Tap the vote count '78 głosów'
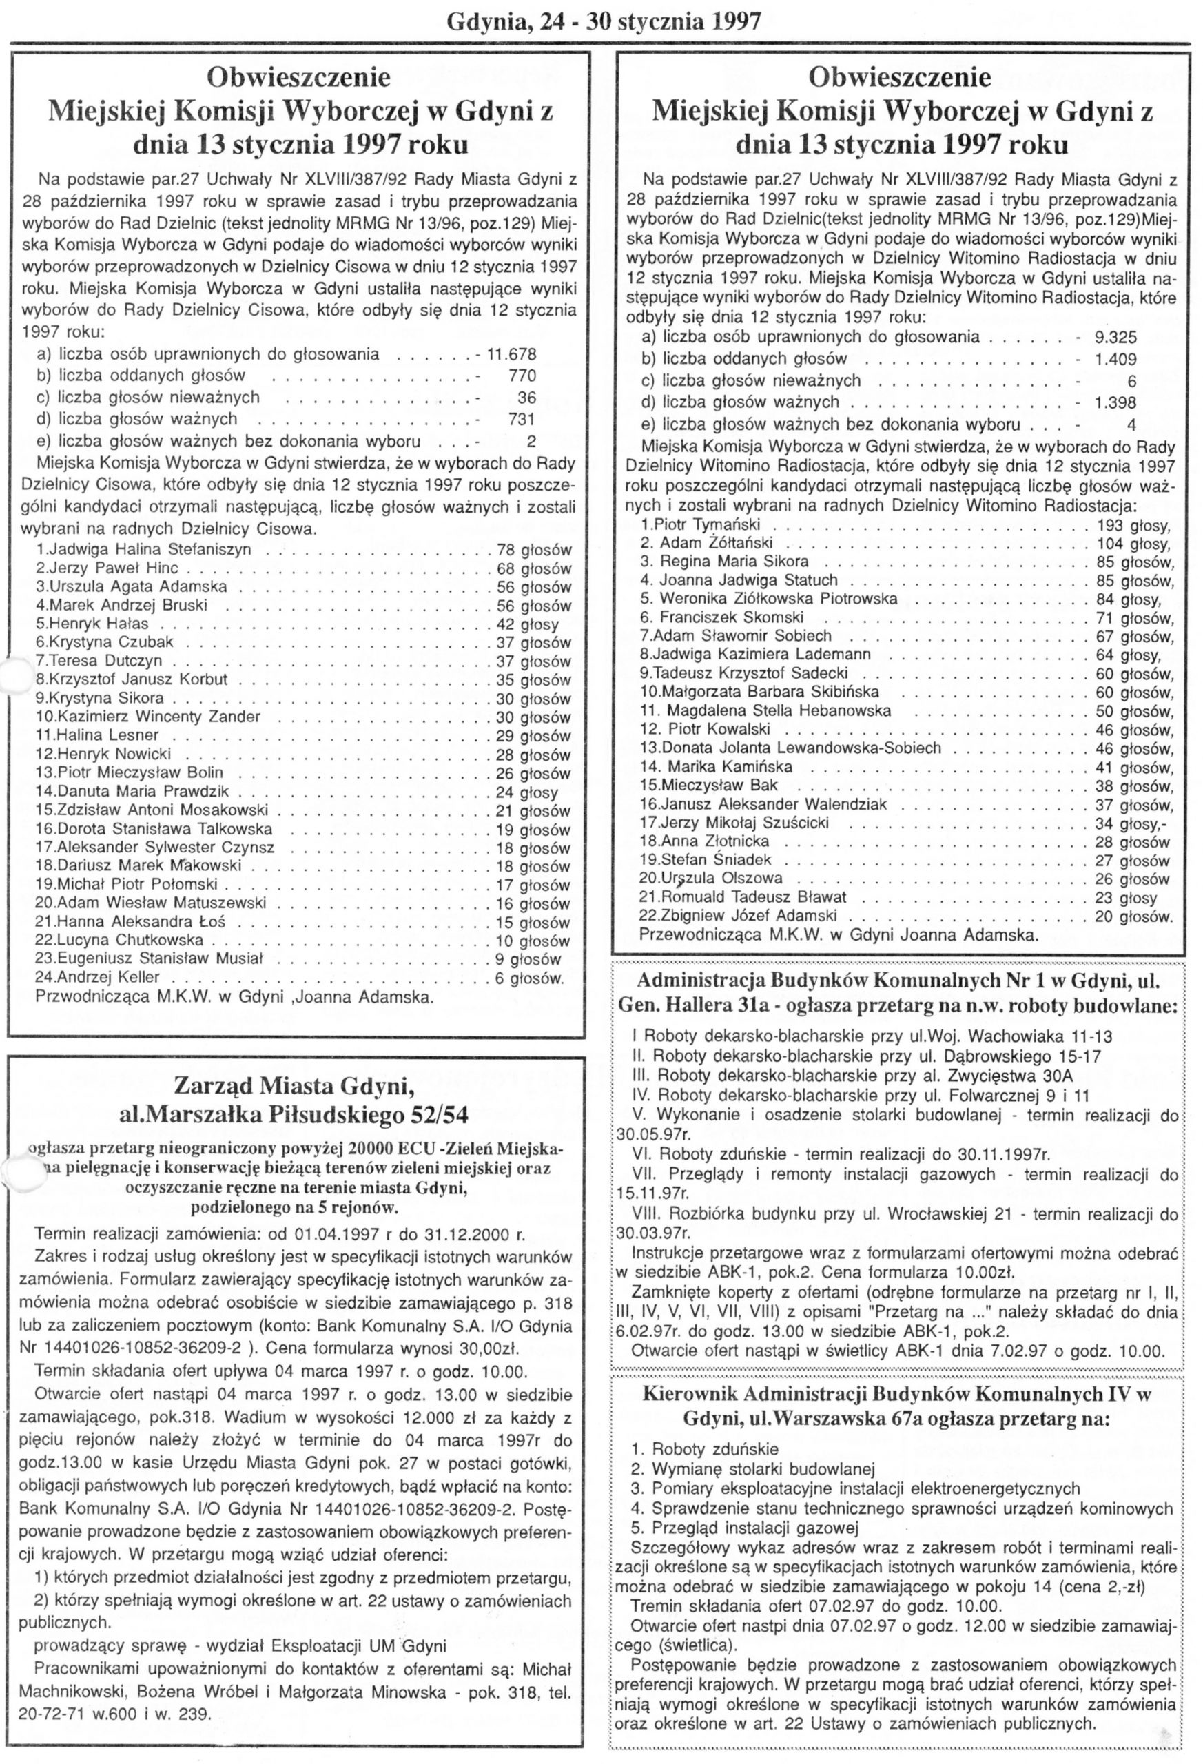pyautogui.click(x=533, y=551)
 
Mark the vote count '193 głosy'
pyautogui.click(x=1134, y=525)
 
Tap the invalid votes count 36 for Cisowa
pyautogui.click(x=526, y=398)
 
